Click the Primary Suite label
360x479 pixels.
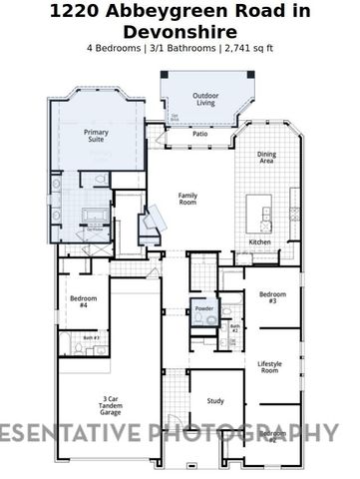tap(96, 136)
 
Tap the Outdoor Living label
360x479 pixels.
tap(204, 99)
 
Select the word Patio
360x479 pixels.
tap(199, 133)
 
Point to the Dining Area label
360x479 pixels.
tap(267, 157)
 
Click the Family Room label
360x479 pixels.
tap(187, 199)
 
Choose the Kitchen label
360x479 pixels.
tap(259, 242)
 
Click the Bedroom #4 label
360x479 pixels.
tap(81, 302)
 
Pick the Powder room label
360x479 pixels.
tap(204, 308)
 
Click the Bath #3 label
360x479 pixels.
tap(91, 338)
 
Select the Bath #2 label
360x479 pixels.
tap(234, 327)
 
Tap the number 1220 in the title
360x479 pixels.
tap(73, 11)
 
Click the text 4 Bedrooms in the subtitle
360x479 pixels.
tap(116, 48)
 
